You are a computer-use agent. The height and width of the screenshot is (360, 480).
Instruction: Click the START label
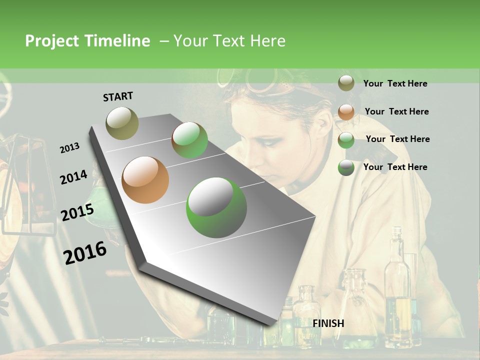pyautogui.click(x=118, y=96)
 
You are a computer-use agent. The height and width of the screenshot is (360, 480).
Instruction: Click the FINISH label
pyautogui.click(x=328, y=323)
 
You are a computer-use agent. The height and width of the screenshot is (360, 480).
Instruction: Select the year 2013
pyautogui.click(x=69, y=148)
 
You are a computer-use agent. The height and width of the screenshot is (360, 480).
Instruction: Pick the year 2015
pyautogui.click(x=77, y=212)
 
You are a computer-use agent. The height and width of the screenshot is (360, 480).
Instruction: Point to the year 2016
pyautogui.click(x=85, y=252)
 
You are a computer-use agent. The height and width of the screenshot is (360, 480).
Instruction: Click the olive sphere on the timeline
pyautogui.click(x=122, y=123)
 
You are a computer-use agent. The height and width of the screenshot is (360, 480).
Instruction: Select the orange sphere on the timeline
pyautogui.click(x=145, y=180)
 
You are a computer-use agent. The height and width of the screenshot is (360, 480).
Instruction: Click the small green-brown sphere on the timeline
pyautogui.click(x=189, y=140)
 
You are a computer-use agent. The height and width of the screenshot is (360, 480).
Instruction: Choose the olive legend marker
pyautogui.click(x=346, y=83)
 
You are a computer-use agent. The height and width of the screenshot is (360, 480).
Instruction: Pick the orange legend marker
pyautogui.click(x=346, y=111)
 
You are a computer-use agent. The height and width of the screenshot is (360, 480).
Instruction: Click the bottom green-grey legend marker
pyautogui.click(x=346, y=167)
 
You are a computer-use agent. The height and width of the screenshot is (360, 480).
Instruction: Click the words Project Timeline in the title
pyautogui.click(x=87, y=41)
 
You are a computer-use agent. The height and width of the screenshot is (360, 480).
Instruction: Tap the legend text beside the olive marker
pyautogui.click(x=395, y=83)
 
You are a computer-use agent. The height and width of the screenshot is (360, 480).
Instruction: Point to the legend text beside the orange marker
pyautogui.click(x=396, y=111)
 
